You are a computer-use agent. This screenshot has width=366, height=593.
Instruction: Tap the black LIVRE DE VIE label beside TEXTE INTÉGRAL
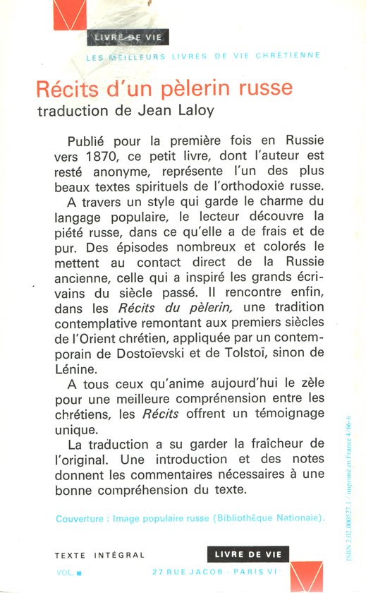pos(248,555)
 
